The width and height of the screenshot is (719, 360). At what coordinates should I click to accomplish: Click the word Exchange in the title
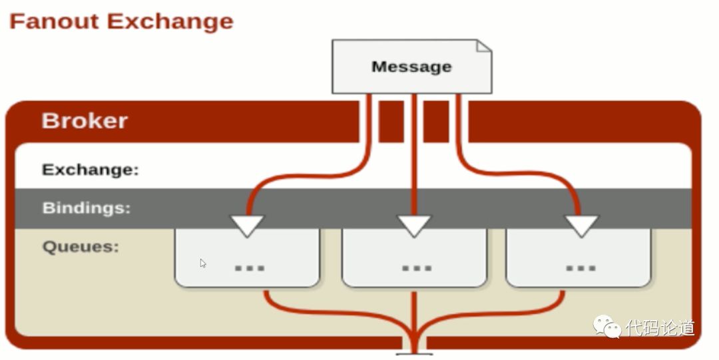pos(170,21)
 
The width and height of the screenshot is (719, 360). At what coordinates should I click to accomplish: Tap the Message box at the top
pos(411,67)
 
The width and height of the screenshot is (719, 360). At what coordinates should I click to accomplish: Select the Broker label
pos(85,120)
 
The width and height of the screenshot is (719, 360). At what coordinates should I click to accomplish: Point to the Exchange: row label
pos(91,170)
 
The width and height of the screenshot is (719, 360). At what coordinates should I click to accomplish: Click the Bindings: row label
pos(87,208)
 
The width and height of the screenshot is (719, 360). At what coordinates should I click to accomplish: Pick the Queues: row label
pos(81,247)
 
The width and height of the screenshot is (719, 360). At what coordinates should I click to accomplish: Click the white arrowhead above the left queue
pos(247,225)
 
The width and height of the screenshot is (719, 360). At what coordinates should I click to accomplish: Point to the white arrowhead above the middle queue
pos(415,225)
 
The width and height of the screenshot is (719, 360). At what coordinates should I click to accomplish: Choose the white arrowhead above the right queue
pos(582,225)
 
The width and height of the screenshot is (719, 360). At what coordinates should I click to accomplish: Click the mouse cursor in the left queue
pos(203,263)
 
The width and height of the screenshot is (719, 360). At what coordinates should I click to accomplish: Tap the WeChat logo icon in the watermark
pos(606,326)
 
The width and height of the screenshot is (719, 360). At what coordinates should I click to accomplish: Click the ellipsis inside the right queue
pos(580,268)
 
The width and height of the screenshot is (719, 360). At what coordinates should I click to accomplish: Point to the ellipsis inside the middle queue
pos(417,268)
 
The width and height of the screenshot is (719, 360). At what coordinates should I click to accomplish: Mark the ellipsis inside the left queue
pos(250,268)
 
